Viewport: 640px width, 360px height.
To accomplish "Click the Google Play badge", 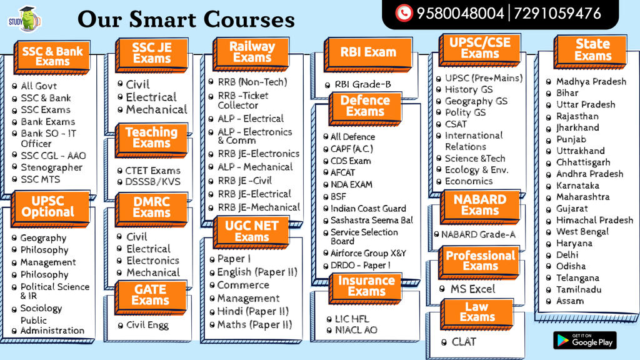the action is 584,340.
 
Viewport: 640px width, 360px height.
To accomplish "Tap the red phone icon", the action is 404,13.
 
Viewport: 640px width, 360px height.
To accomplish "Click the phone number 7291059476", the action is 557,14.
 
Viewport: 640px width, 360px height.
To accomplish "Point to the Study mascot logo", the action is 25,19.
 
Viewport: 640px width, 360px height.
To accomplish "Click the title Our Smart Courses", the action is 186,19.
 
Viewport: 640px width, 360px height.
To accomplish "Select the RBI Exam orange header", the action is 368,52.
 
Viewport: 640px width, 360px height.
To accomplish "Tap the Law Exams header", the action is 477,312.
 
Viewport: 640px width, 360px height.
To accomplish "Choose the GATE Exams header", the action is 151,295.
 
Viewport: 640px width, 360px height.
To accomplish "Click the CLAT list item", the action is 464,342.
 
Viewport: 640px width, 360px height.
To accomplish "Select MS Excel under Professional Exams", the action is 472,289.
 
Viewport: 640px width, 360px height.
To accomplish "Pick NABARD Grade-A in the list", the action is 478,234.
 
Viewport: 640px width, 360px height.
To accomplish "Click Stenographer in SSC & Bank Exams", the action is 51,167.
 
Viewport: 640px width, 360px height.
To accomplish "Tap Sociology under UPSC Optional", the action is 41,308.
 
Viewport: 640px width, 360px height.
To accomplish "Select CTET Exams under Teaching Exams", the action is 152,171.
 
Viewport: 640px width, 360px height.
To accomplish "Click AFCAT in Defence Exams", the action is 342,172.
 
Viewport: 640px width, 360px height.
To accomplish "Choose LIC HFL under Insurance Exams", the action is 352,319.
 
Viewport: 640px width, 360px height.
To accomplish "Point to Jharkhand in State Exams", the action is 577,127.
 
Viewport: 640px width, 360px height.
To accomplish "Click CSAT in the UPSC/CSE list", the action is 456,124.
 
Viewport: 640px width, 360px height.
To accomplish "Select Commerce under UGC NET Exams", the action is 243,285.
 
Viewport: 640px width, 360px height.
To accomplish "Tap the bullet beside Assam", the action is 549,302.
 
